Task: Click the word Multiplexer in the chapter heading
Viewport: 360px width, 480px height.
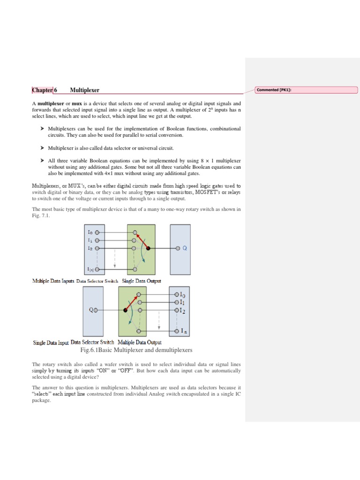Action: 84,90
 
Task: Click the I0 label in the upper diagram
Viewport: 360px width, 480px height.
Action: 90,232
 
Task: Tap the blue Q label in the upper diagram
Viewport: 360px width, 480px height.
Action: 185,248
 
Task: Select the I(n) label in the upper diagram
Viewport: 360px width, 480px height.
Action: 90,269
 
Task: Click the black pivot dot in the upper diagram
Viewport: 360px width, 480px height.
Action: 148,248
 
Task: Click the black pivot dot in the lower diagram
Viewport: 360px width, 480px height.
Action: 125,310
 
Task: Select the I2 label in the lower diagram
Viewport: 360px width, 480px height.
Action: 184,310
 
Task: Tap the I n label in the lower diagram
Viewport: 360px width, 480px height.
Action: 185,331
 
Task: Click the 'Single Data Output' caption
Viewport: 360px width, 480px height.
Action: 142,281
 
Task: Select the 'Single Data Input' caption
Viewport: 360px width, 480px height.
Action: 51,343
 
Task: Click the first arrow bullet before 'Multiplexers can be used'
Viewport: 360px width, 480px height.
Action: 42,128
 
